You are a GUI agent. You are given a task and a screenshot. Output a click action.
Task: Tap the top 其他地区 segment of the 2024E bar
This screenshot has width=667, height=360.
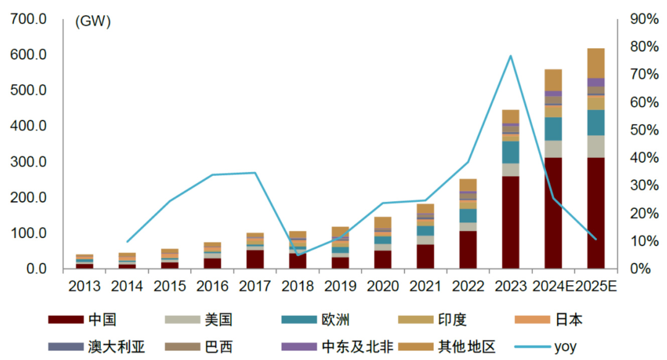(553, 80)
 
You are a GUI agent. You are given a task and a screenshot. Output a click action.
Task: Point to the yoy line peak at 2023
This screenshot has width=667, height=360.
(510, 56)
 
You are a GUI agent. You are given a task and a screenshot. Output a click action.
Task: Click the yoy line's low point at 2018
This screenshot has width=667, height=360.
(298, 255)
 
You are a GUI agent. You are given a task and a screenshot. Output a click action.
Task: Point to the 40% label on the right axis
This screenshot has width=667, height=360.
(644, 158)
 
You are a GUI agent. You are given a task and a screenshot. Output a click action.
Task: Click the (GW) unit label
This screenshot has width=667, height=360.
(92, 22)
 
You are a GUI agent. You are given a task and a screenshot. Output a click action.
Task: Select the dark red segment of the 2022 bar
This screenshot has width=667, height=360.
(468, 250)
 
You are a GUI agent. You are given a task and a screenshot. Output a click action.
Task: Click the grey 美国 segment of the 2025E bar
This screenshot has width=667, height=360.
(596, 146)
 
